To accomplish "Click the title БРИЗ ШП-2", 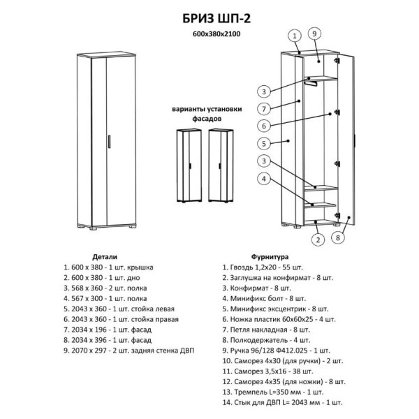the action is pyautogui.click(x=216, y=19).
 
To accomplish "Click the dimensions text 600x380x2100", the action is pyautogui.click(x=216, y=34).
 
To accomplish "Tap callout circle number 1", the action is pyautogui.click(x=295, y=36).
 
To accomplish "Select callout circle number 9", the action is pyautogui.click(x=314, y=34).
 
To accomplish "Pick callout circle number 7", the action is pyautogui.click(x=264, y=109).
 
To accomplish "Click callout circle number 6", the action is pyautogui.click(x=264, y=126).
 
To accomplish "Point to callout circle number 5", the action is pyautogui.click(x=264, y=144).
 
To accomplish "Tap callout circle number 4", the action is pyautogui.click(x=264, y=179).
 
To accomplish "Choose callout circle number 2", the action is pyautogui.click(x=318, y=240).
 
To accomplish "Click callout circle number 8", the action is pyautogui.click(x=338, y=237).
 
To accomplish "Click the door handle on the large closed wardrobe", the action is pyautogui.click(x=110, y=141).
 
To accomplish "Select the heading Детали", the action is pyautogui.click(x=105, y=257).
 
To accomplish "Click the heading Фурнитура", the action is pyautogui.click(x=270, y=257).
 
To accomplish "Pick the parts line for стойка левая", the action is pyautogui.click(x=119, y=309).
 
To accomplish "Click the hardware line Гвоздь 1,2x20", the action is pyautogui.click(x=263, y=267).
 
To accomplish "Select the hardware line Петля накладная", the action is pyautogui.click(x=266, y=330).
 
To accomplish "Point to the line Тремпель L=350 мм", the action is pyautogui.click(x=273, y=392).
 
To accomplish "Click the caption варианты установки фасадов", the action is pyautogui.click(x=207, y=114).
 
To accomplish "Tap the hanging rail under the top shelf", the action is pyautogui.click(x=310, y=82).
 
